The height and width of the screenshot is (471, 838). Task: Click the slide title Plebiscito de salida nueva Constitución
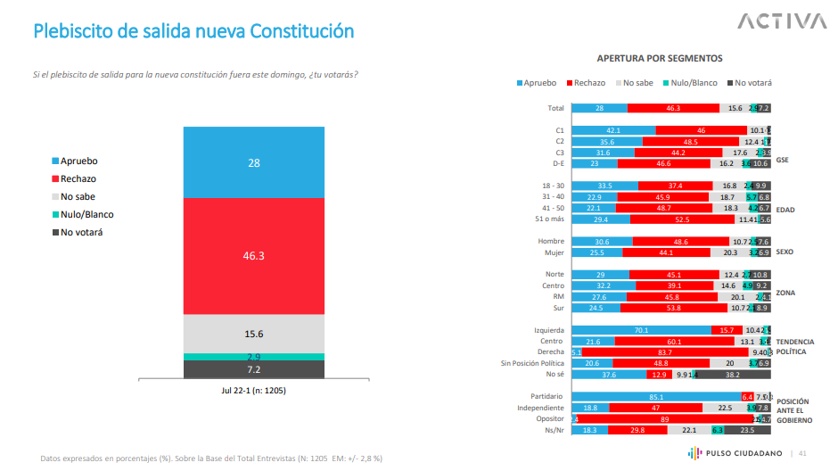(x=193, y=31)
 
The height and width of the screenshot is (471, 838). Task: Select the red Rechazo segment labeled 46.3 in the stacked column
(x=254, y=255)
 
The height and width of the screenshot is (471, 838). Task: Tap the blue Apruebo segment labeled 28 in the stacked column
(x=254, y=162)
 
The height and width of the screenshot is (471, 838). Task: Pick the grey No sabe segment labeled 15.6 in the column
(x=254, y=334)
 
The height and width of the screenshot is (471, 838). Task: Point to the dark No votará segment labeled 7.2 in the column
(x=254, y=368)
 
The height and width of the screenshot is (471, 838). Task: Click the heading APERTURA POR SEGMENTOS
(x=660, y=58)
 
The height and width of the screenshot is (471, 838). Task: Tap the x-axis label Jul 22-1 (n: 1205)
(x=254, y=391)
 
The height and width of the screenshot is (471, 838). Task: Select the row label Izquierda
(x=546, y=330)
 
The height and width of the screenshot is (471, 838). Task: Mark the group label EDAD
(x=785, y=211)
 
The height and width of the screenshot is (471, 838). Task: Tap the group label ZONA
(x=785, y=292)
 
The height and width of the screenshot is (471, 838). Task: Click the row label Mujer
(x=554, y=252)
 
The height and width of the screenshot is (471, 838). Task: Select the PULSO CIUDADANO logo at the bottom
(x=736, y=453)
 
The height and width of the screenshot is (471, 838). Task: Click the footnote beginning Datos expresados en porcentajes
(x=211, y=459)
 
